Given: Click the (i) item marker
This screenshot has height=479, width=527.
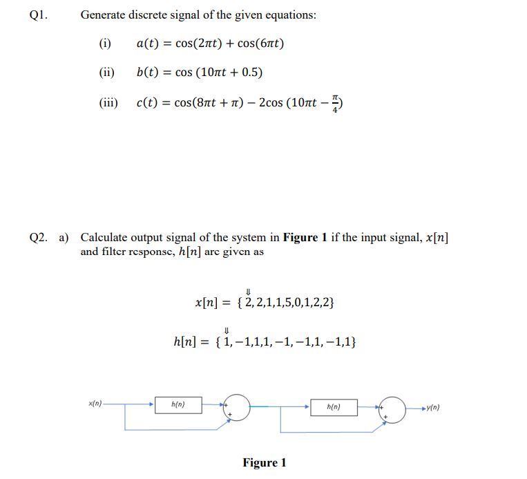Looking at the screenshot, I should coord(105,44).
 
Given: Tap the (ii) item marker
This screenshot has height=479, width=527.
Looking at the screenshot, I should coord(106,73).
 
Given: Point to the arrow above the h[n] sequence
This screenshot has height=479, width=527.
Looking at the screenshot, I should coord(227,330).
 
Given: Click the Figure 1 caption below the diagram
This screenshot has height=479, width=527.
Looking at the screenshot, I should coord(264,462).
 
